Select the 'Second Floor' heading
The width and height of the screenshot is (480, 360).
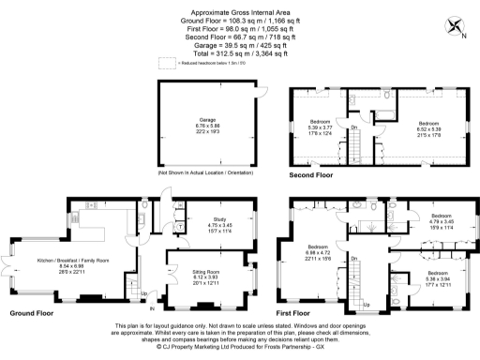(310, 175)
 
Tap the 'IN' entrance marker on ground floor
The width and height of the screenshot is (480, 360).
(152, 307)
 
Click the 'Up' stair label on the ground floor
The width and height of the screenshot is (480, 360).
(142, 295)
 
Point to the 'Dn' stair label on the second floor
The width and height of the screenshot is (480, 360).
(354, 127)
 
